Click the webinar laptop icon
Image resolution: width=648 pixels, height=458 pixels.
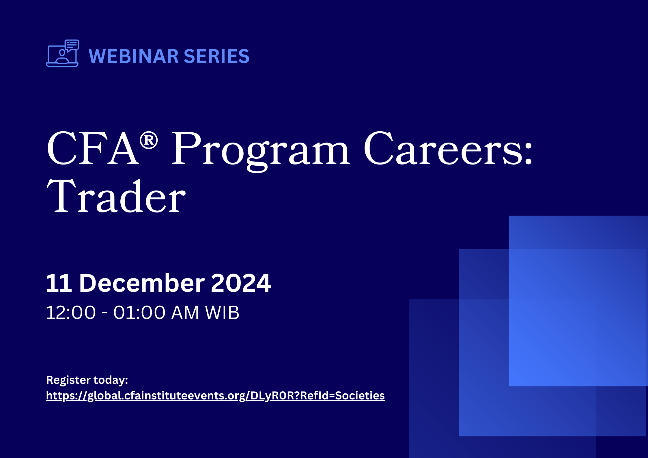click(x=62, y=53)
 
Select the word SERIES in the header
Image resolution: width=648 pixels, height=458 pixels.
click(x=216, y=56)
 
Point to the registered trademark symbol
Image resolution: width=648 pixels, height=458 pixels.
click(x=149, y=141)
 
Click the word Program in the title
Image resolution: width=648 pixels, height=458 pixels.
click(x=260, y=152)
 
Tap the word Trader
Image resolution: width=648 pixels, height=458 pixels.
click(x=116, y=196)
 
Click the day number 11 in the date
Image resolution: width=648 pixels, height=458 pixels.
click(x=59, y=283)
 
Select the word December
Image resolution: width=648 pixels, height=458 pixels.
click(x=142, y=283)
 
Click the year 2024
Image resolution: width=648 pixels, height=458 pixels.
click(x=241, y=283)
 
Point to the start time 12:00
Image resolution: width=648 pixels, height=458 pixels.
click(x=71, y=313)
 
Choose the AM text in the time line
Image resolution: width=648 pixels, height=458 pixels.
click(x=185, y=313)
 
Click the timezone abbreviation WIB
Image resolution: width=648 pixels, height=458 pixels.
click(x=222, y=313)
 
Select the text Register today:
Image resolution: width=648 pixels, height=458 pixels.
click(x=87, y=380)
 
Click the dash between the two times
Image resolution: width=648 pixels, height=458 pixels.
click(x=105, y=313)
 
